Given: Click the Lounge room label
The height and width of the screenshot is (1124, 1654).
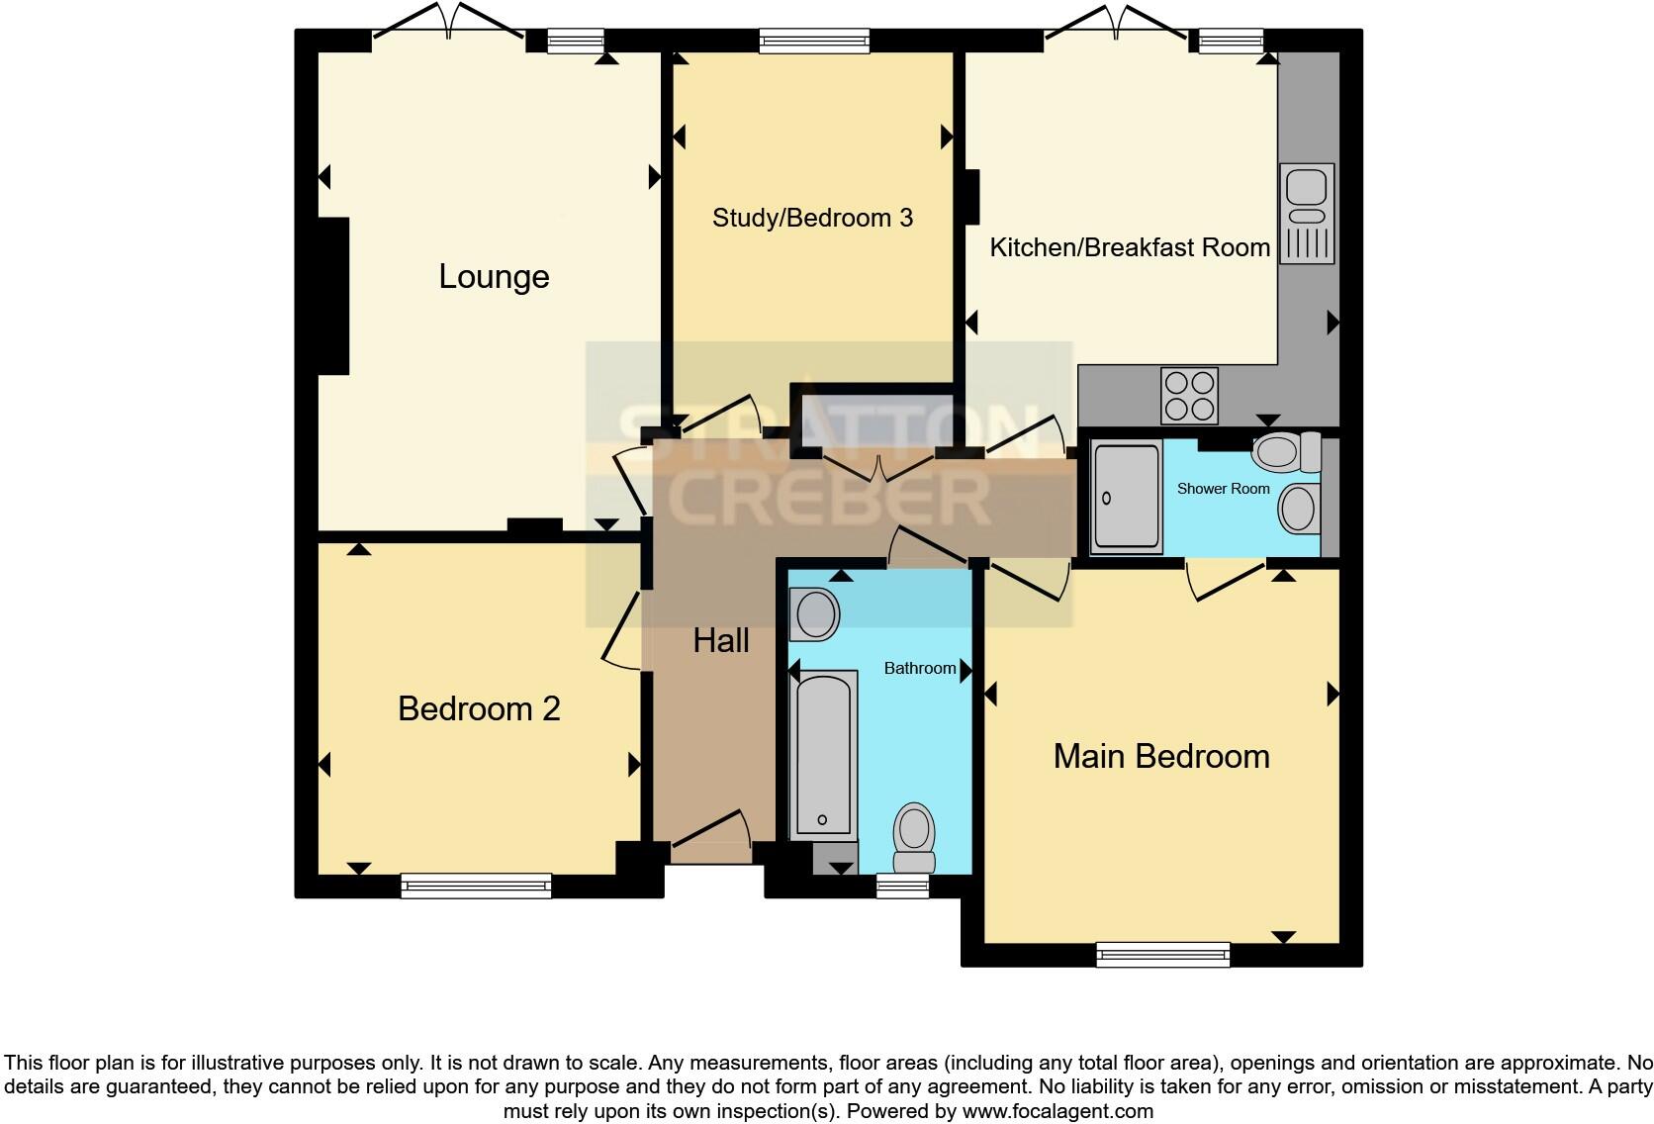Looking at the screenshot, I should (494, 277).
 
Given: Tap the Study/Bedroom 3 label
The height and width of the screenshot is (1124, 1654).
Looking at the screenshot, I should (812, 218).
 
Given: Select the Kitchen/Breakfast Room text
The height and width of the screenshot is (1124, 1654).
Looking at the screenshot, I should (1130, 247).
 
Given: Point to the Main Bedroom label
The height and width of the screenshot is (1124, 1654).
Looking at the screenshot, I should (1161, 757).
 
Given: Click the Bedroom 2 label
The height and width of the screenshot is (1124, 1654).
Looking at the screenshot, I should (479, 709).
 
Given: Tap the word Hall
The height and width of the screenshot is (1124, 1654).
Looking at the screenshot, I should (720, 641).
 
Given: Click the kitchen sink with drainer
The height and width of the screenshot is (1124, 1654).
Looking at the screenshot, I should (1307, 214).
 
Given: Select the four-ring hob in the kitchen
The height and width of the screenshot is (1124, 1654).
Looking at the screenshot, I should (1189, 396).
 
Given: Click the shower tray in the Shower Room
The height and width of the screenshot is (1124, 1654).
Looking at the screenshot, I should (1126, 498).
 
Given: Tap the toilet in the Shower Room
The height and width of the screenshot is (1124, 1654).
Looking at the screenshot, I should (1286, 453).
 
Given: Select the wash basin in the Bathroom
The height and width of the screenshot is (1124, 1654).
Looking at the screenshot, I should (815, 614).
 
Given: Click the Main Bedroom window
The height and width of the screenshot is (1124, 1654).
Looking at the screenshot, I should (1163, 955).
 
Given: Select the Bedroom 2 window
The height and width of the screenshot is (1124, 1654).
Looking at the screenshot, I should (476, 886).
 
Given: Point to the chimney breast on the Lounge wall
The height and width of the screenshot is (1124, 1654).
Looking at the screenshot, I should (333, 297).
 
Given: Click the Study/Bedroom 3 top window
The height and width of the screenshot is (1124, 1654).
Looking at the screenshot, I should (814, 41).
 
